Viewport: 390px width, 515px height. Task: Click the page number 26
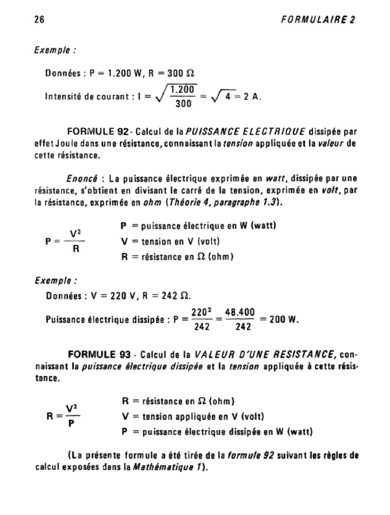tap(39, 20)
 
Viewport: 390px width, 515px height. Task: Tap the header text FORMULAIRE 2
tap(317, 20)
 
